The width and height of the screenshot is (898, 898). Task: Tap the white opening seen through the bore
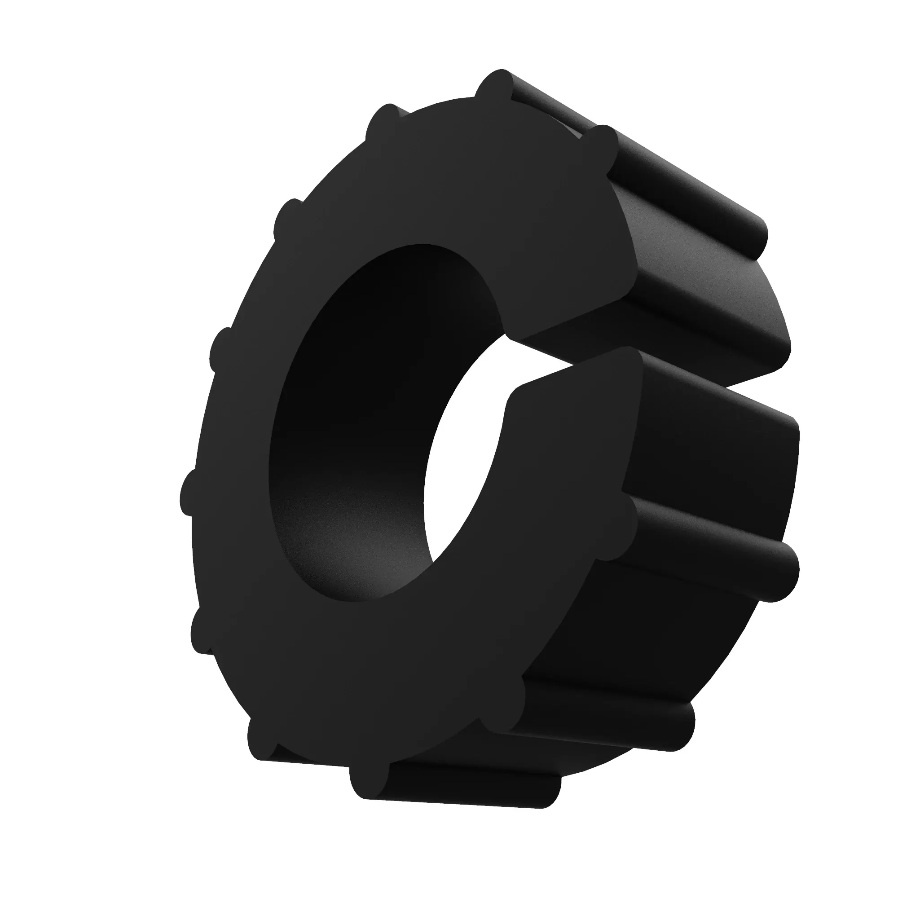(x=460, y=465)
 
